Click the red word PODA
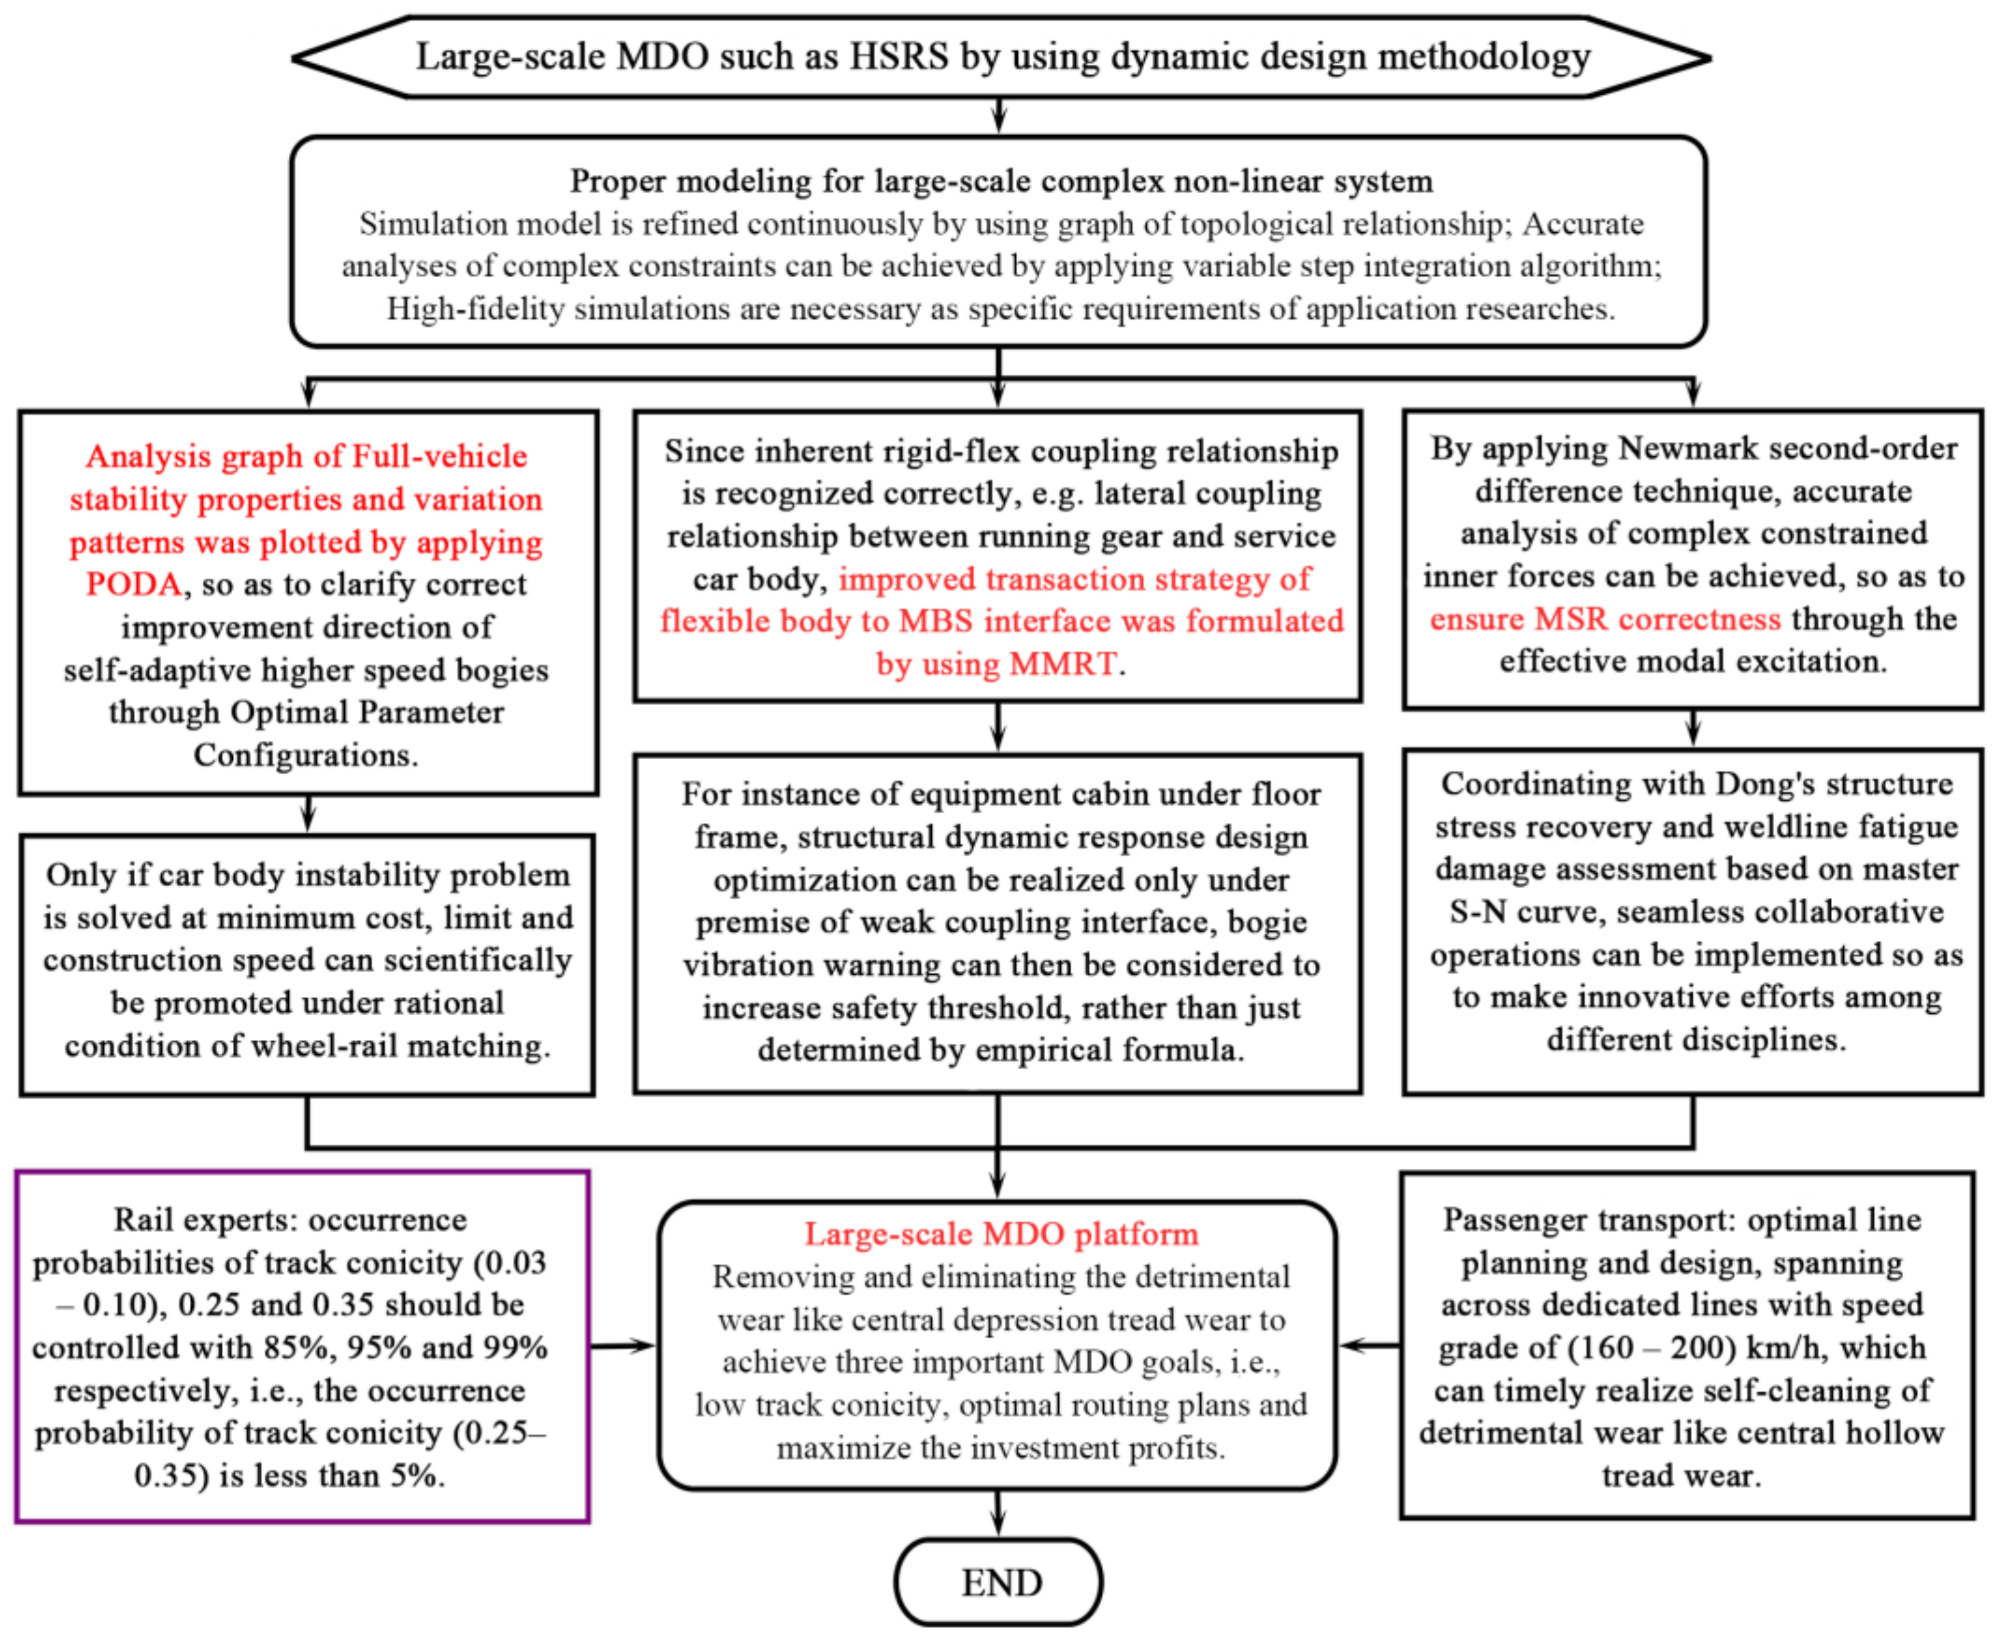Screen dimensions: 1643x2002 coord(133,584)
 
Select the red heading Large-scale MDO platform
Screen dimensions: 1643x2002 coord(1000,1234)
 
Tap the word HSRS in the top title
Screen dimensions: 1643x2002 coord(898,57)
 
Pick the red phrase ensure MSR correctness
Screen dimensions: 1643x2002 coord(1604,619)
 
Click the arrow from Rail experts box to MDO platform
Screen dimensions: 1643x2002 coord(622,1345)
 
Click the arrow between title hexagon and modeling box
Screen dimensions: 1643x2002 coord(999,116)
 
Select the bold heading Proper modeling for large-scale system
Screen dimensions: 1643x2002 coord(1000,180)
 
